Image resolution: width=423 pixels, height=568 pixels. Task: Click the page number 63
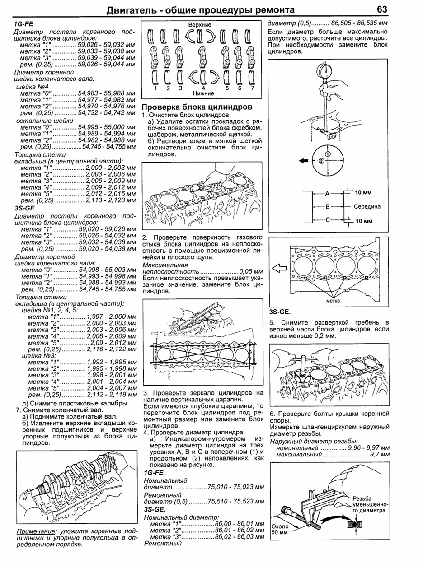[381, 9]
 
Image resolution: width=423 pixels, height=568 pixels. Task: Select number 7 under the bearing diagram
[252, 88]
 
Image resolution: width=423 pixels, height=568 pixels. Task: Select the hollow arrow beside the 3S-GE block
[280, 268]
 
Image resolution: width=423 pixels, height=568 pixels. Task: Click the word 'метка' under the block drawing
[334, 300]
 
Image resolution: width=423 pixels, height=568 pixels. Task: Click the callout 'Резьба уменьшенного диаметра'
[370, 504]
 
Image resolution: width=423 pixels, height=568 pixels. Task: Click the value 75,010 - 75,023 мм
[235, 488]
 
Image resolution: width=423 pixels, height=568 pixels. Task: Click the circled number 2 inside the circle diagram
[320, 161]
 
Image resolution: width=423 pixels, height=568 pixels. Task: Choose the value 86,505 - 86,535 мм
[360, 22]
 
